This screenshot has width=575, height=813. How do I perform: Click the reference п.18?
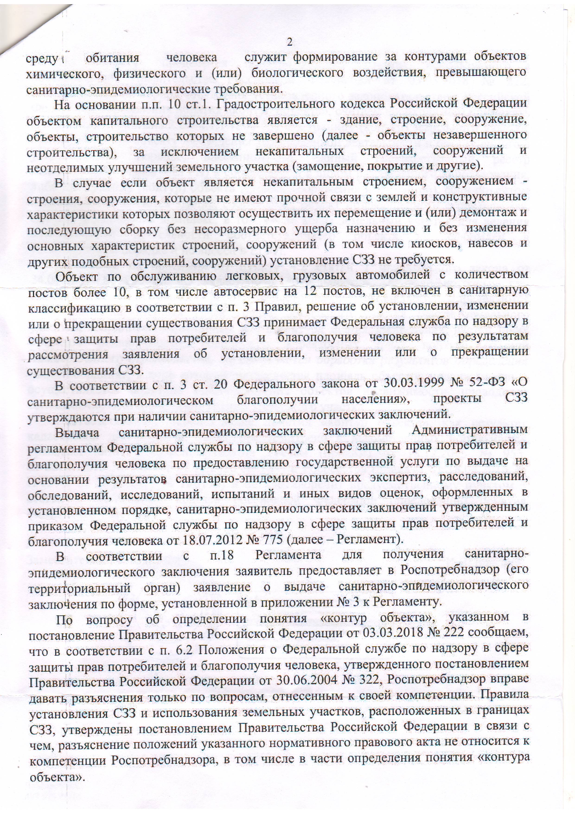(x=219, y=556)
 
